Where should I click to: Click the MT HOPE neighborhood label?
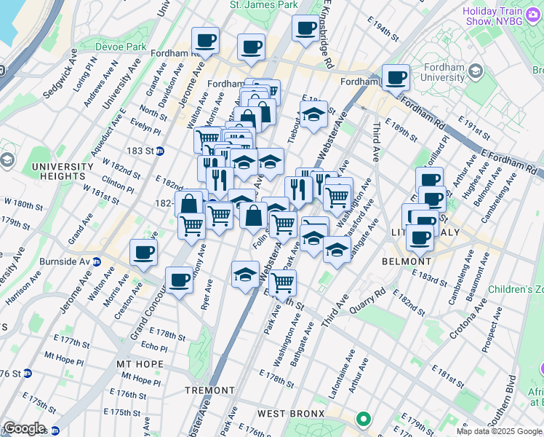coord(140,363)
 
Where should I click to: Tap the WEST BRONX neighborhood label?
coord(292,414)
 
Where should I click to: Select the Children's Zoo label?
coord(514,290)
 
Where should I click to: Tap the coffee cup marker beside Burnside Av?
coord(143,253)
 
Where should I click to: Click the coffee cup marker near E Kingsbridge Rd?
coord(305,29)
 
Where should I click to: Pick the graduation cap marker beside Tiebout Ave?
coord(313,115)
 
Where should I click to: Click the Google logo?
coord(24,428)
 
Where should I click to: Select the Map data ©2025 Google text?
coord(498,431)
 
